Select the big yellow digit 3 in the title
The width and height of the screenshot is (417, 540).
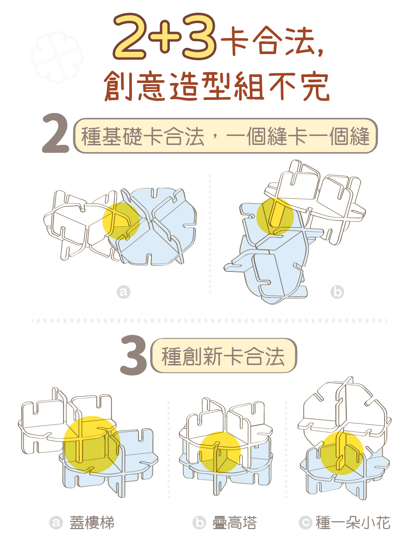point(199,36)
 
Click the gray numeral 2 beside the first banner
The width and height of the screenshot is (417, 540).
point(55,133)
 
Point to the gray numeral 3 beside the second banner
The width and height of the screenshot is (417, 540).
point(133,355)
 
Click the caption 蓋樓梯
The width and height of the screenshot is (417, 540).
point(92,523)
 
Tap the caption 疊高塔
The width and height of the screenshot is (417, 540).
point(234,523)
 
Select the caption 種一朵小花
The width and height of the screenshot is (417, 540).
point(353,523)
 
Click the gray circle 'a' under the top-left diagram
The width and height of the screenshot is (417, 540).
point(124,292)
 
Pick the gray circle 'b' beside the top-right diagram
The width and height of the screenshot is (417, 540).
point(337,292)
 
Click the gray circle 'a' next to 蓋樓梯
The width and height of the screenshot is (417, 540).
point(56,523)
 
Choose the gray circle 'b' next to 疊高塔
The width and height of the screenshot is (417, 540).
point(199,523)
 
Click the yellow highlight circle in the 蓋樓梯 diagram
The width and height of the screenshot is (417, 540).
point(92,444)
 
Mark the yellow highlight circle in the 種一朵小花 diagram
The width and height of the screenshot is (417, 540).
point(342,453)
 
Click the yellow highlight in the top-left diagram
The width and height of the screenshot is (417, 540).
point(121,221)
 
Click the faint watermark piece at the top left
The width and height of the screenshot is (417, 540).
point(57,57)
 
